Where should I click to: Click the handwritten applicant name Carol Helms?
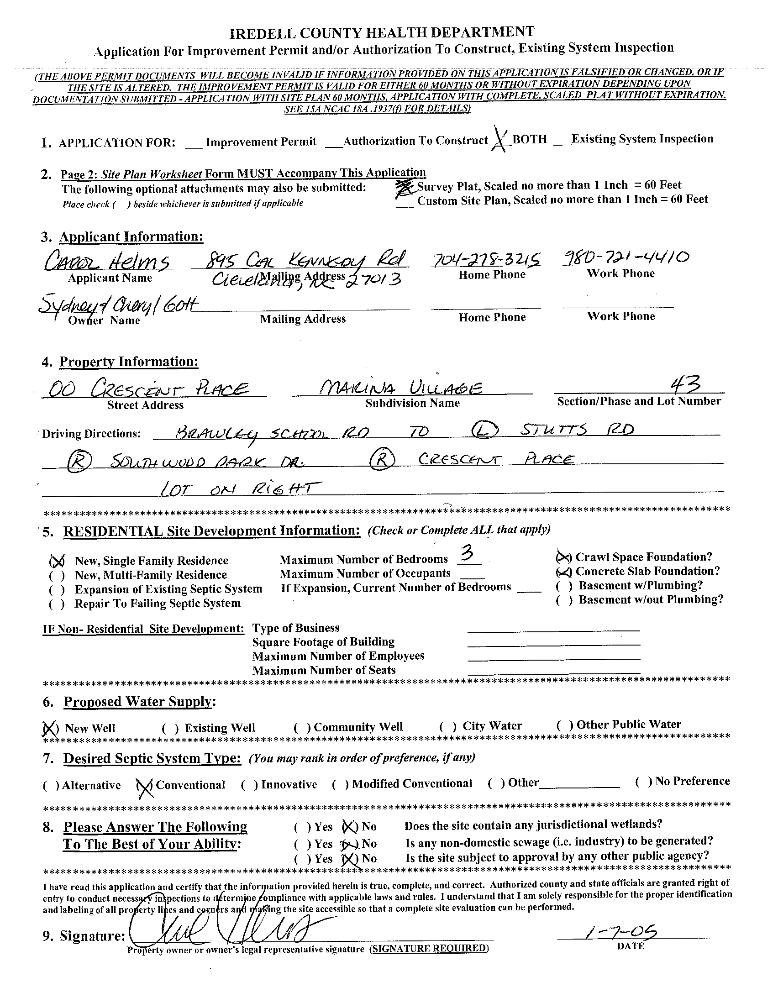click(x=107, y=263)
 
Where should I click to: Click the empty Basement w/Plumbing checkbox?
click(x=563, y=586)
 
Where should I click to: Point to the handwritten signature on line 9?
click(x=221, y=930)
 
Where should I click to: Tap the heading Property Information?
click(x=129, y=362)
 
